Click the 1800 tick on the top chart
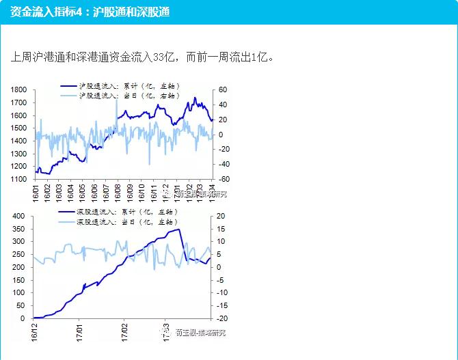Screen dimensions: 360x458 [x=18, y=89]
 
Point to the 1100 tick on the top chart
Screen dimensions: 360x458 [x=18, y=179]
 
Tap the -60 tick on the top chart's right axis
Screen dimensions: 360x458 [x=224, y=179]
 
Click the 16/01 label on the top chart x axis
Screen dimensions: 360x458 [x=36, y=191]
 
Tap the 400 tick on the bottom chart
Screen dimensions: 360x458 [x=18, y=216]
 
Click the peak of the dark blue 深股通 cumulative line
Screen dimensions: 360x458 [x=179, y=229]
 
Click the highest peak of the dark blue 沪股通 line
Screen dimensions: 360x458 [x=195, y=98]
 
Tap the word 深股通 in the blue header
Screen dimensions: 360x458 [x=152, y=12]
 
